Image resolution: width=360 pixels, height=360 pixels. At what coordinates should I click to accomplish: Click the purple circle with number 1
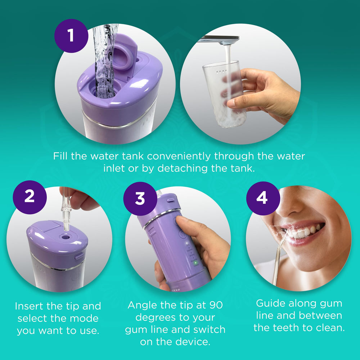71,36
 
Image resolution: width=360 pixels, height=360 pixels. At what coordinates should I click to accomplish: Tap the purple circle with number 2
30,197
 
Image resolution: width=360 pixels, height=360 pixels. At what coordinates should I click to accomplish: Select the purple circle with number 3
140,198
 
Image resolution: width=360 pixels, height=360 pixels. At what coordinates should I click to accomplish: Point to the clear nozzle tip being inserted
66,212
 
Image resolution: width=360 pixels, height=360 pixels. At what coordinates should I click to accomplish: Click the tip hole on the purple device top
66,238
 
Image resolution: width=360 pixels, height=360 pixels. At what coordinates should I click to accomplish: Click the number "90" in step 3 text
215,305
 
